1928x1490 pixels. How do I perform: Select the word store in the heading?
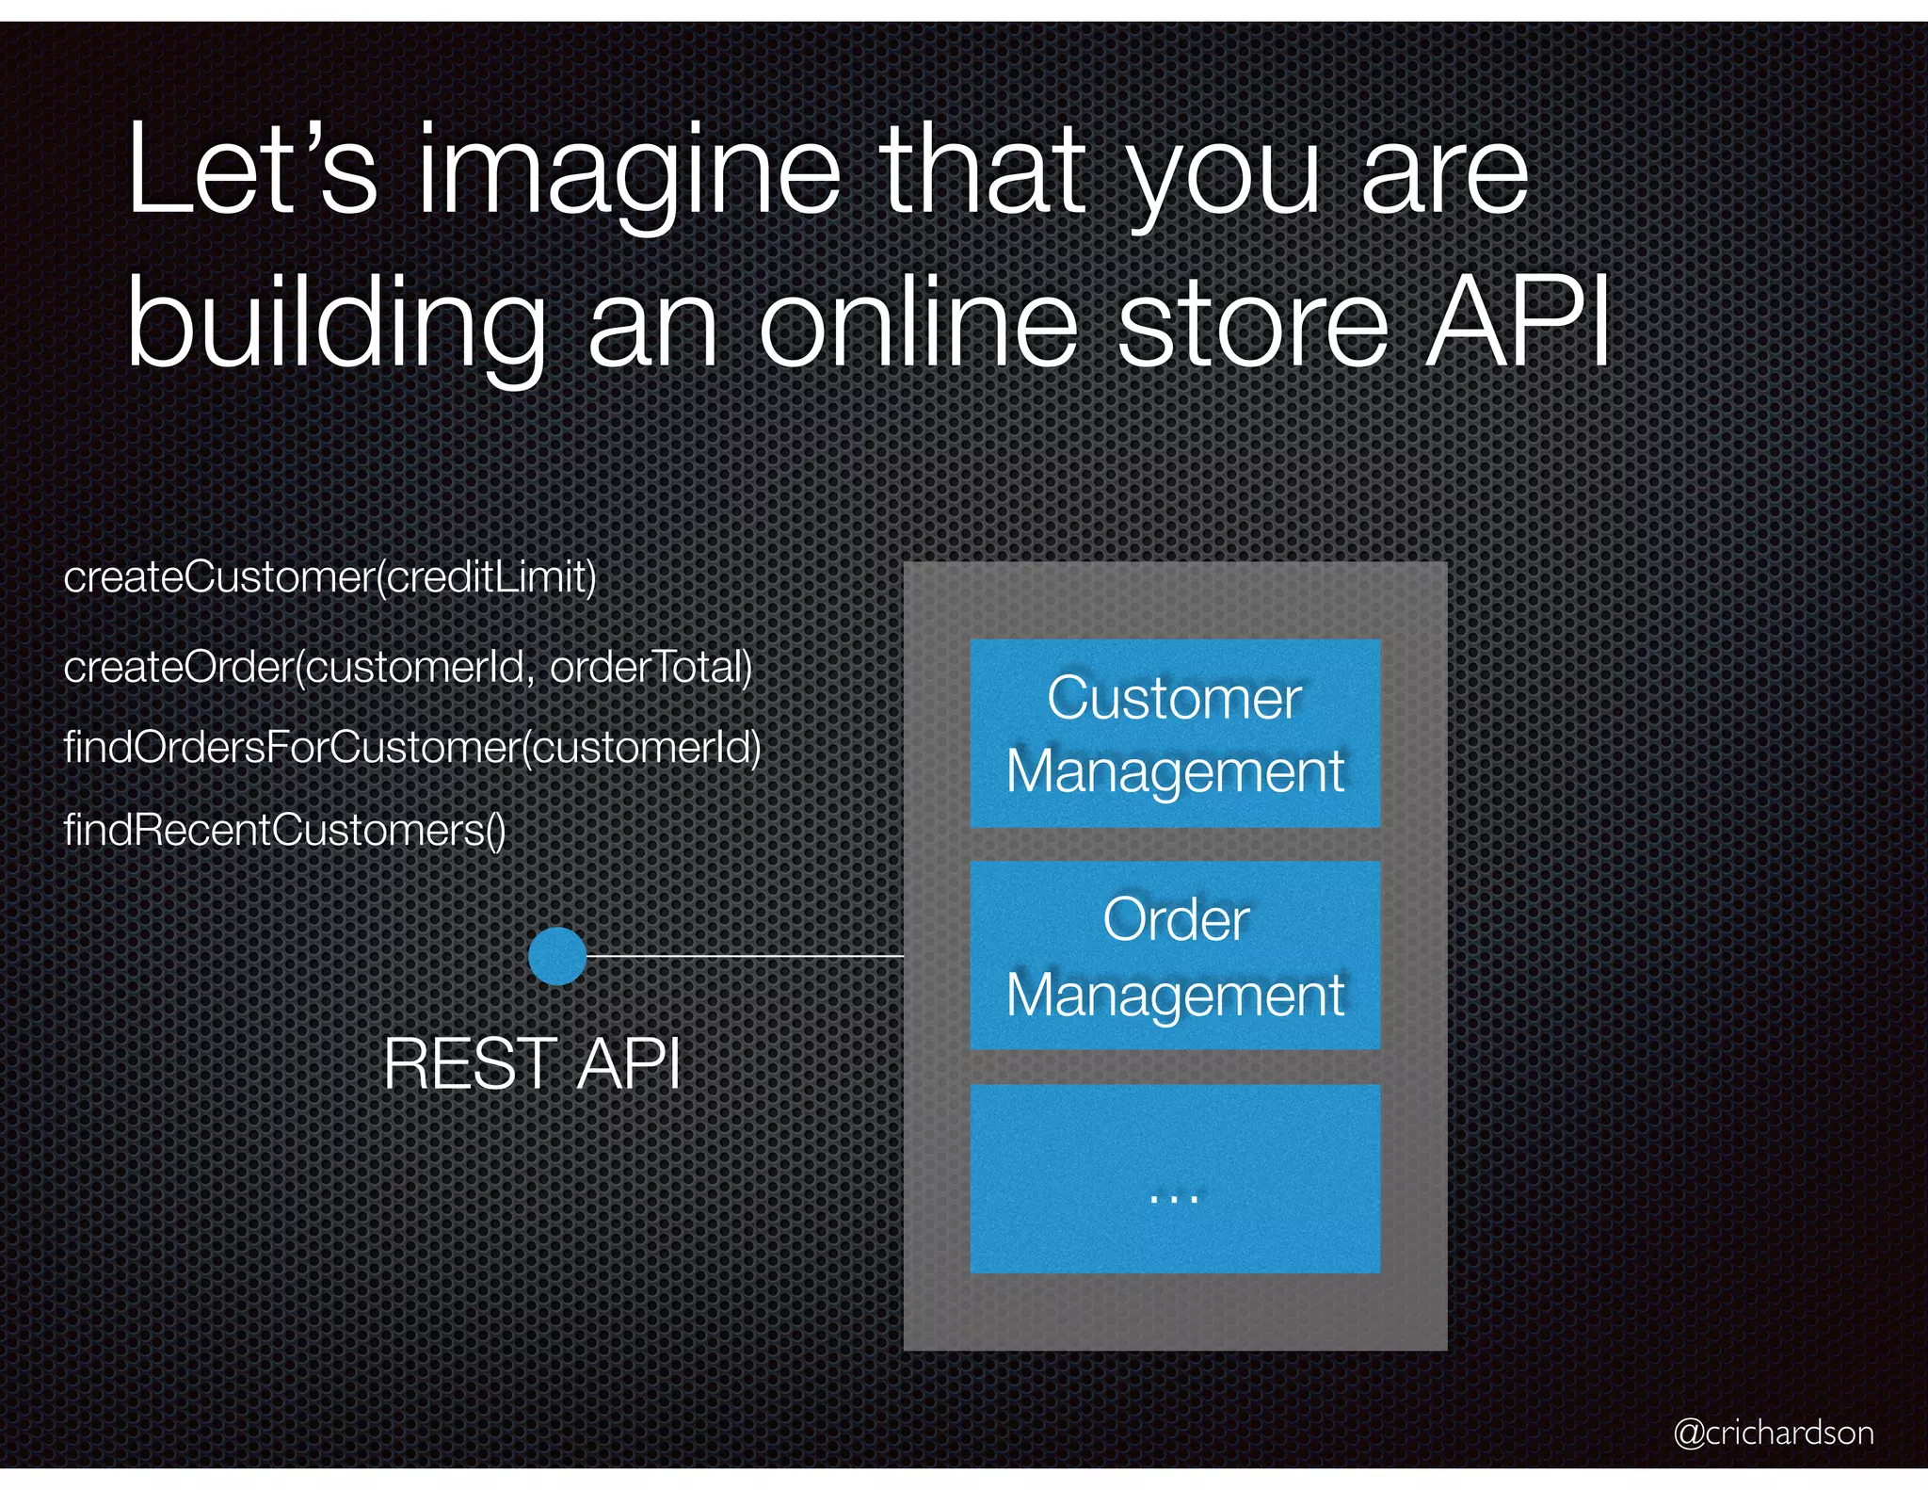(1252, 325)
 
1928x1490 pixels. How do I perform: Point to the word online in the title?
(918, 325)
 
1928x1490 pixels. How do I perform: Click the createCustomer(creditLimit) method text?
(329, 576)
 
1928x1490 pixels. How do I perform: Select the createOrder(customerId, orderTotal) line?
(408, 667)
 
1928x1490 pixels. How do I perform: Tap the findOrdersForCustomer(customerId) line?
(412, 748)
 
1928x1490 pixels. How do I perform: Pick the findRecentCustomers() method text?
(284, 830)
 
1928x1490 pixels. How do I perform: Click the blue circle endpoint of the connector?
(557, 956)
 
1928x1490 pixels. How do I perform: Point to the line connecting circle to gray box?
(744, 956)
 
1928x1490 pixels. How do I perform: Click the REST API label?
(532, 1064)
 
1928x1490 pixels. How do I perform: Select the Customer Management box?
(1175, 734)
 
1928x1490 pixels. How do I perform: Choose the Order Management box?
(1175, 955)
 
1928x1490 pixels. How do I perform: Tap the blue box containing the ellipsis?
(1175, 1178)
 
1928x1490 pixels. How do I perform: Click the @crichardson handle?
(1773, 1433)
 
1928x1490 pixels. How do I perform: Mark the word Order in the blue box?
(1176, 919)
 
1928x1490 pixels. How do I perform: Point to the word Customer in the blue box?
(1174, 699)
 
